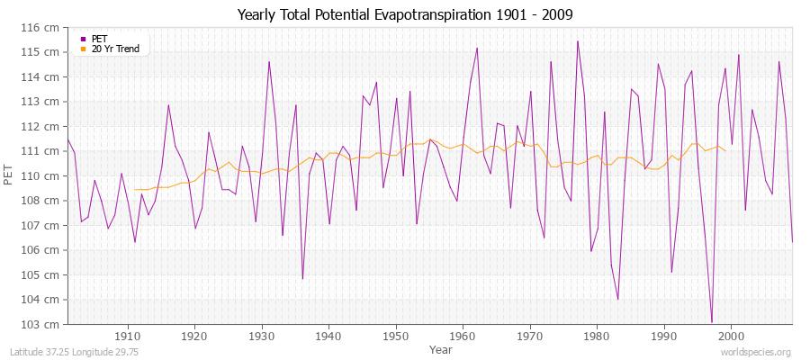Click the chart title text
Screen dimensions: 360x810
pyautogui.click(x=404, y=14)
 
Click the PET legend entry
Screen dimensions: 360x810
pyautogui.click(x=100, y=39)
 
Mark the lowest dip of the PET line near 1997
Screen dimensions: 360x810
pyautogui.click(x=711, y=322)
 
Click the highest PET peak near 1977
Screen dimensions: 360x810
pyautogui.click(x=577, y=40)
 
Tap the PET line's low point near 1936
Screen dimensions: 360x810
pyautogui.click(x=302, y=279)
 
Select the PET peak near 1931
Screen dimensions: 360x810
pyautogui.click(x=269, y=61)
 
